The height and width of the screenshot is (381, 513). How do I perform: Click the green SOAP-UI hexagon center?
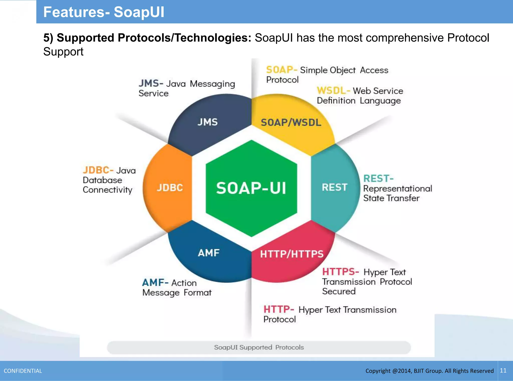(x=251, y=188)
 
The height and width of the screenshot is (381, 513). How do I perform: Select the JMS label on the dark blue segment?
(x=207, y=122)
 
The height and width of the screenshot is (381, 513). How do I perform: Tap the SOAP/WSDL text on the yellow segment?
(x=291, y=122)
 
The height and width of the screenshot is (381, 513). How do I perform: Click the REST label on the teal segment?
(x=334, y=187)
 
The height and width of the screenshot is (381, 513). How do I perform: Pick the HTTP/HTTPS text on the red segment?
(x=292, y=254)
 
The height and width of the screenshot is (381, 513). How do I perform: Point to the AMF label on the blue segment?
(x=209, y=253)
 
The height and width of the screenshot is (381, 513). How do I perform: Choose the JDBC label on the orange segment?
(x=170, y=187)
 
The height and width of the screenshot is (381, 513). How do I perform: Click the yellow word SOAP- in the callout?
(x=281, y=70)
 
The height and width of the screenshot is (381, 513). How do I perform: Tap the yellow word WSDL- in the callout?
(x=333, y=90)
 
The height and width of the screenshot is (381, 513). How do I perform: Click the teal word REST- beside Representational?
(x=378, y=178)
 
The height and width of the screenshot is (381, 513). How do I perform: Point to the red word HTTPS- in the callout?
(x=340, y=272)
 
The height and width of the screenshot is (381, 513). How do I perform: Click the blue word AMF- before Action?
(x=155, y=283)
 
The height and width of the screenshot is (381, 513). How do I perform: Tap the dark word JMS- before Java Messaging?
(x=151, y=83)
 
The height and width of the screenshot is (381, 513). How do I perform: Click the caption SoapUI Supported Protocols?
(x=259, y=347)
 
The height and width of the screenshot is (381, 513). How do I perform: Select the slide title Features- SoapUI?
(x=104, y=12)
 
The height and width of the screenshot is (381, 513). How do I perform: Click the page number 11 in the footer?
(x=503, y=370)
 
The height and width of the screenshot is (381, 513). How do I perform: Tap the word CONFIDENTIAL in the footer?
(x=23, y=371)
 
